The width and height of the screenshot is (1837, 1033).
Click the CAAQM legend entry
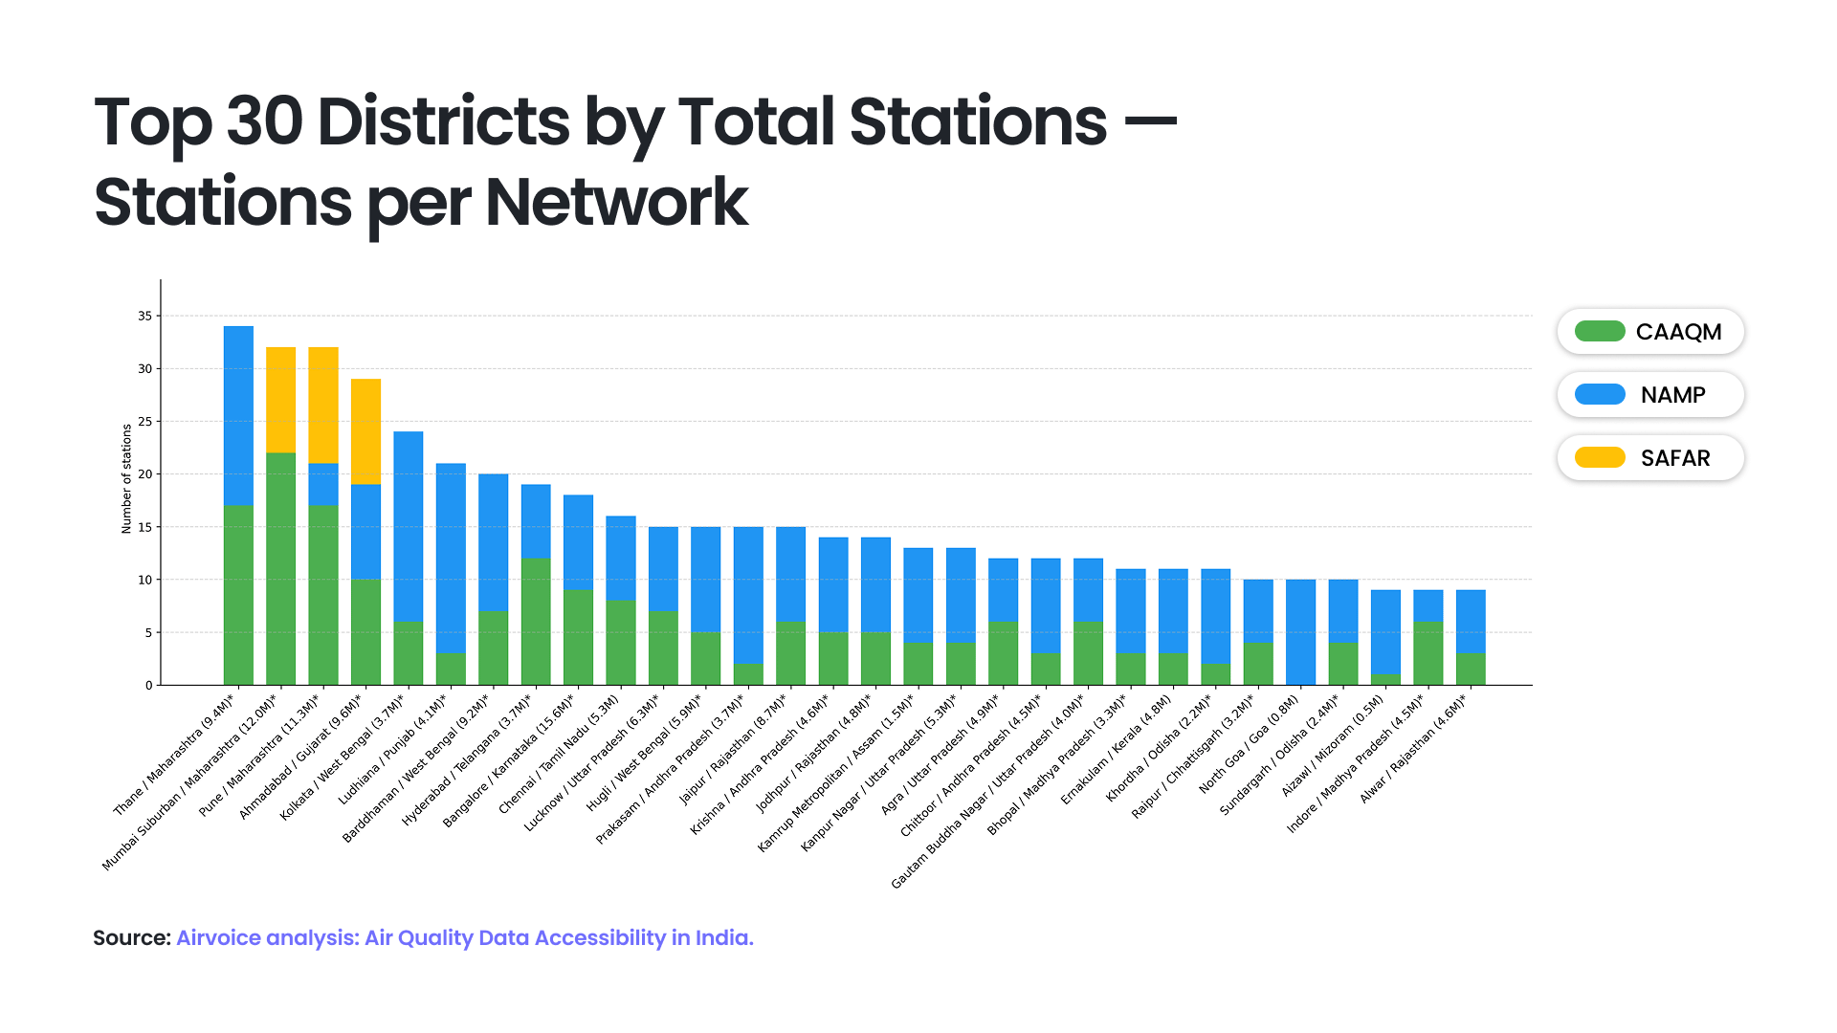point(1650,332)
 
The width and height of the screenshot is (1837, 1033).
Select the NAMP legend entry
point(1650,395)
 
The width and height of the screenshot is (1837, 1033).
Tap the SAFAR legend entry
point(1650,458)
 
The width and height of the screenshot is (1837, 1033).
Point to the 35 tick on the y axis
point(145,316)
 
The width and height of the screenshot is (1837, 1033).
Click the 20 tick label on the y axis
point(145,474)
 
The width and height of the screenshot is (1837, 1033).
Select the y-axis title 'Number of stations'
point(126,478)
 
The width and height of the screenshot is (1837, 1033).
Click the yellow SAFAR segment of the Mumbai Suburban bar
point(280,400)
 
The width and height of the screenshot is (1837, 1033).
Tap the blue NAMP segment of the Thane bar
point(238,415)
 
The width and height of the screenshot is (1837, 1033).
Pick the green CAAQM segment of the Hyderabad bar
point(536,622)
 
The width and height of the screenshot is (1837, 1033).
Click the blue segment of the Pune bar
point(323,485)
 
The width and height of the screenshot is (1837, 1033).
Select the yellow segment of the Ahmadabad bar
point(365,431)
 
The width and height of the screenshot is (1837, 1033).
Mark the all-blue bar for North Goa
point(1300,632)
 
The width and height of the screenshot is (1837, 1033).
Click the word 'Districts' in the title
point(442,122)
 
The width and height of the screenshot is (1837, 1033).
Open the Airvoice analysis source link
point(464,938)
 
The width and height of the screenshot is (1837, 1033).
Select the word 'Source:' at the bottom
point(131,938)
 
